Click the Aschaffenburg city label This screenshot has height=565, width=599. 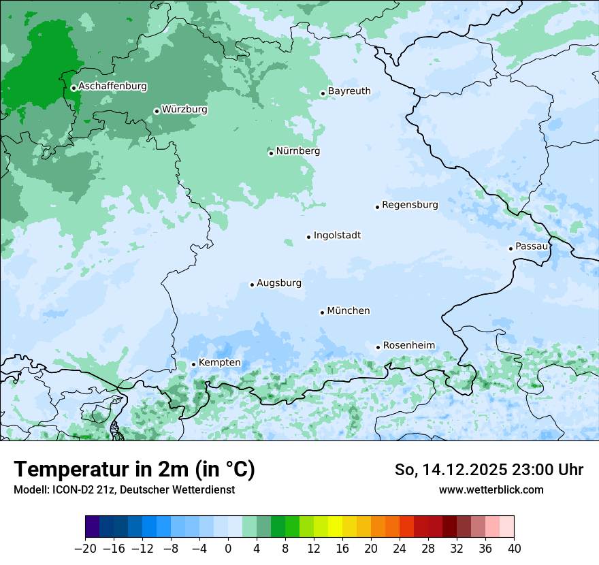(x=112, y=86)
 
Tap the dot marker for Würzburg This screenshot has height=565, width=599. (x=157, y=111)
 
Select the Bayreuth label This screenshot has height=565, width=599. (x=349, y=91)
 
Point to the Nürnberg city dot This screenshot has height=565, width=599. (x=271, y=153)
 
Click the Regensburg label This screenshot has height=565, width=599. (x=410, y=205)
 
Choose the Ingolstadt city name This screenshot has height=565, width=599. (x=337, y=236)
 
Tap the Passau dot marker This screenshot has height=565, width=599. (x=511, y=248)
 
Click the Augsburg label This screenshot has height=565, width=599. (x=278, y=283)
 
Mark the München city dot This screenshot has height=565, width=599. (x=322, y=312)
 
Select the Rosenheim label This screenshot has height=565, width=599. (x=408, y=346)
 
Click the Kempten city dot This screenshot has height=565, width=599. (x=193, y=364)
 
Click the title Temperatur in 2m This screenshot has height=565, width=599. (x=135, y=470)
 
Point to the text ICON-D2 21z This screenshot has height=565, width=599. (x=80, y=490)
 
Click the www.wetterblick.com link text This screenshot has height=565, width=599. (x=491, y=490)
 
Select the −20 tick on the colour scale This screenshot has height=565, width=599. (x=85, y=549)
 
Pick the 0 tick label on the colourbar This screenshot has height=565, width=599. (x=228, y=549)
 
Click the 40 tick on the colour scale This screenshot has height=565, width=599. (x=514, y=549)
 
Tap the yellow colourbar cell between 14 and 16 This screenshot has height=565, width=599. (x=335, y=526)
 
